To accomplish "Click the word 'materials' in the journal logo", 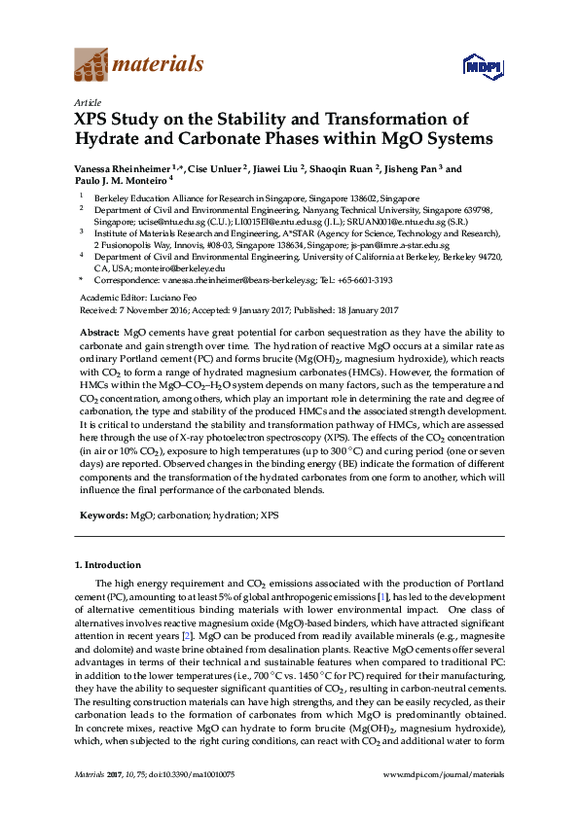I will coord(159,65).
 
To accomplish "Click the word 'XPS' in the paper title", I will coord(95,120).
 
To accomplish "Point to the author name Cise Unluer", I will coord(218,168).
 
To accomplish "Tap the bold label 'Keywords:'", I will coord(103,515).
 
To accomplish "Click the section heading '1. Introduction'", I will coord(108,564).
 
